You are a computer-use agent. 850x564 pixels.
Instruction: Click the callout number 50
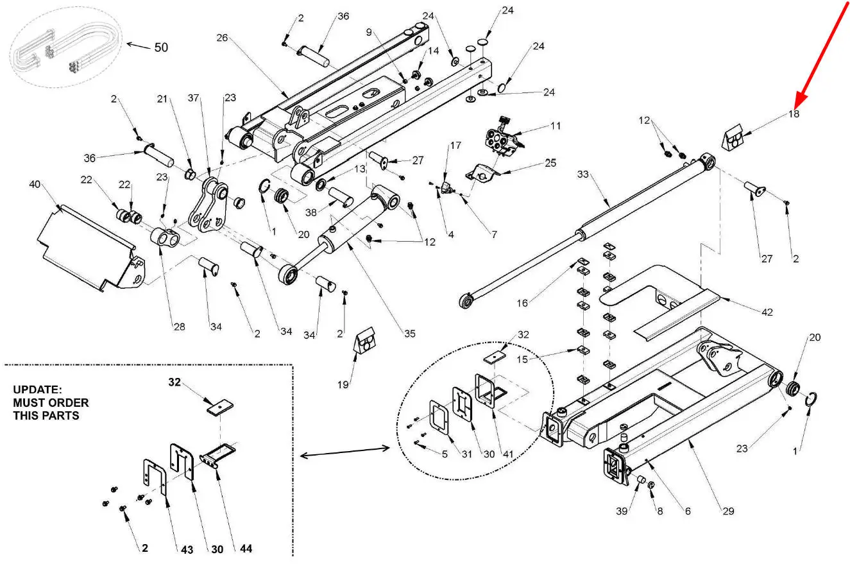161,47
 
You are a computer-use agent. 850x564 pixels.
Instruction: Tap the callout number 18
794,114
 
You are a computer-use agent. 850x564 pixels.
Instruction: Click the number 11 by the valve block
556,126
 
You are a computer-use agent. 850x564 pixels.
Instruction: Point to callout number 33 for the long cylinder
583,175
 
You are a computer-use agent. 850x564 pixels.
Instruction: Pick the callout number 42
767,312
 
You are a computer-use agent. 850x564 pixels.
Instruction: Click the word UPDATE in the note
37,389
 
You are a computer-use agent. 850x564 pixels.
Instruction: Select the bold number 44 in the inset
246,549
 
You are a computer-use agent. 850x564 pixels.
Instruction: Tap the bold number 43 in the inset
187,550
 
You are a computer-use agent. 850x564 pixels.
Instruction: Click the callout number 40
35,184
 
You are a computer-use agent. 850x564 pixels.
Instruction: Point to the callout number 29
728,511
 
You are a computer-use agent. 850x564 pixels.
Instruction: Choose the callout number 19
343,384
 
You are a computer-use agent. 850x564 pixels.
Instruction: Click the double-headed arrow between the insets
344,452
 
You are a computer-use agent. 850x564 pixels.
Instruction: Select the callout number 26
222,38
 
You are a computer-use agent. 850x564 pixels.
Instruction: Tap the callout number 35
410,334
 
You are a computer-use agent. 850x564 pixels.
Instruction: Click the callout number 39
622,511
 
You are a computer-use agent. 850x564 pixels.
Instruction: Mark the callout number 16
522,303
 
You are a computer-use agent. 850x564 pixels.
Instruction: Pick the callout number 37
194,98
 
